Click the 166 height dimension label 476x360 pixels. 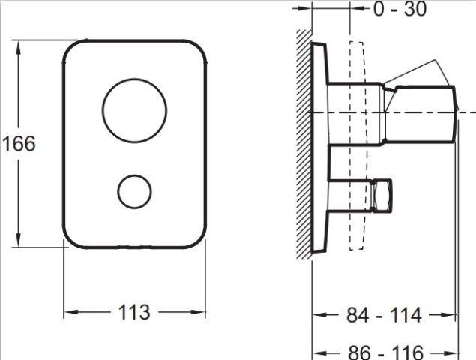[19, 144]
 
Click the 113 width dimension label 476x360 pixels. [134, 312]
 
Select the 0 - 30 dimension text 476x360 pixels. [400, 9]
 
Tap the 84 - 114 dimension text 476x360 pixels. [384, 315]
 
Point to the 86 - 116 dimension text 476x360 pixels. [385, 352]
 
